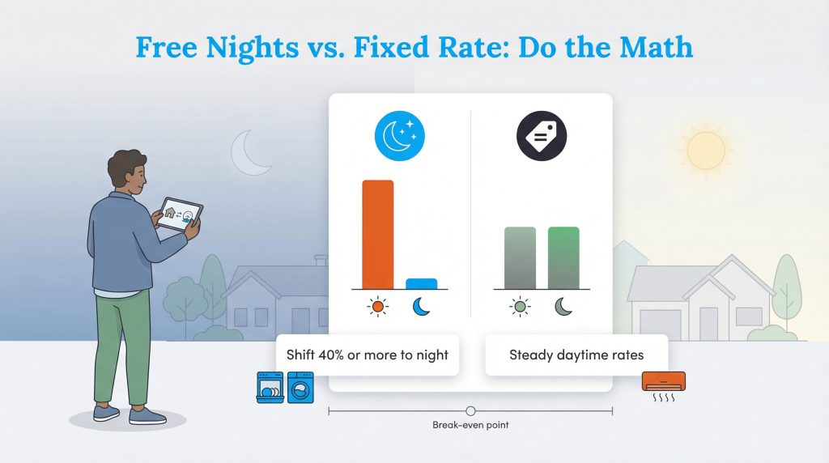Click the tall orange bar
(377, 234)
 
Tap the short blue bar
(421, 283)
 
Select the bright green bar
(563, 257)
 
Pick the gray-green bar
(520, 257)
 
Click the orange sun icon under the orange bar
(377, 307)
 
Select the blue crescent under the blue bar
(422, 307)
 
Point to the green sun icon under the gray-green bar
(520, 307)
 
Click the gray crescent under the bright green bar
(563, 307)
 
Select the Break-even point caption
(470, 425)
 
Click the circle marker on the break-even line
(470, 411)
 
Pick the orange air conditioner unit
(663, 380)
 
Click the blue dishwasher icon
(270, 388)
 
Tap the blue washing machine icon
(300, 388)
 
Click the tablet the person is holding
(180, 216)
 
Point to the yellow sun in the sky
(706, 150)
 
